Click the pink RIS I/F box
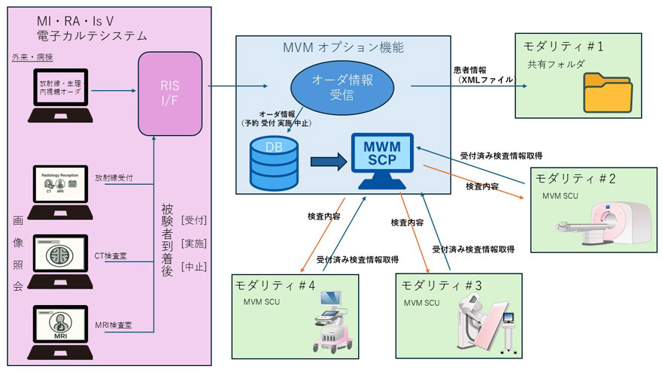tap(170, 90)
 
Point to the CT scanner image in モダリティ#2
tap(602, 222)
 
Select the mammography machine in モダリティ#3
tap(481, 323)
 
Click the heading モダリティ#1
tap(563, 47)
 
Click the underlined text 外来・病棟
tap(28, 57)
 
